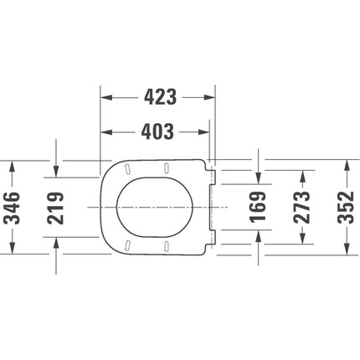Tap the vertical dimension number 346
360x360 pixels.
(12, 206)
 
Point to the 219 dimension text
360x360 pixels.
(56, 206)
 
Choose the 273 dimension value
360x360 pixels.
(302, 206)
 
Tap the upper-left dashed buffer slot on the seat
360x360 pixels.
(128, 167)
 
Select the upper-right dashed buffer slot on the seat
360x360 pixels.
(168, 167)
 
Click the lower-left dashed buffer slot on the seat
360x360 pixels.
(128, 245)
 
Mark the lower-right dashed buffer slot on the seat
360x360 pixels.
(168, 245)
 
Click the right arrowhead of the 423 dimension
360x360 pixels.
(212, 96)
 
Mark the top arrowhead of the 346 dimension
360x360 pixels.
(12, 164)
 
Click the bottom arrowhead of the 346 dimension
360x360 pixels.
(12, 248)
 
